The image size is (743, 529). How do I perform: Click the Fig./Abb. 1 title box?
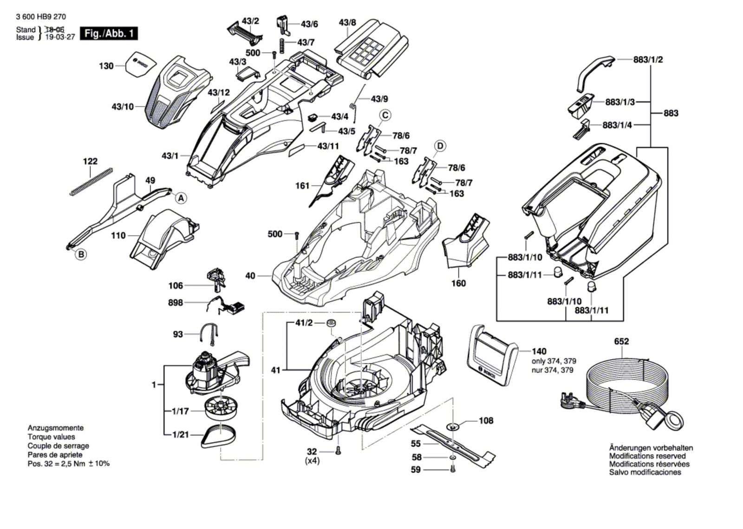point(109,34)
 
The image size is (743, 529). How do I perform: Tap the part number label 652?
point(621,341)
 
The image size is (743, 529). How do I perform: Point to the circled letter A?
point(182,198)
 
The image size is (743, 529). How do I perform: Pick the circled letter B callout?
point(81,254)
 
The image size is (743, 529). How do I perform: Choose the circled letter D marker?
point(440,146)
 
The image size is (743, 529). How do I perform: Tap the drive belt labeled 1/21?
point(219,436)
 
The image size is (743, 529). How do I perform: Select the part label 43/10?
point(123,107)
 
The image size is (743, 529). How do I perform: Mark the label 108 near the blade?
point(486,421)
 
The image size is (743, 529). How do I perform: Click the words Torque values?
point(51,437)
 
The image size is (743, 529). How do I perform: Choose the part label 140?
point(539,352)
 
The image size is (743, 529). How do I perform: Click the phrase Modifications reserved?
point(647,456)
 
